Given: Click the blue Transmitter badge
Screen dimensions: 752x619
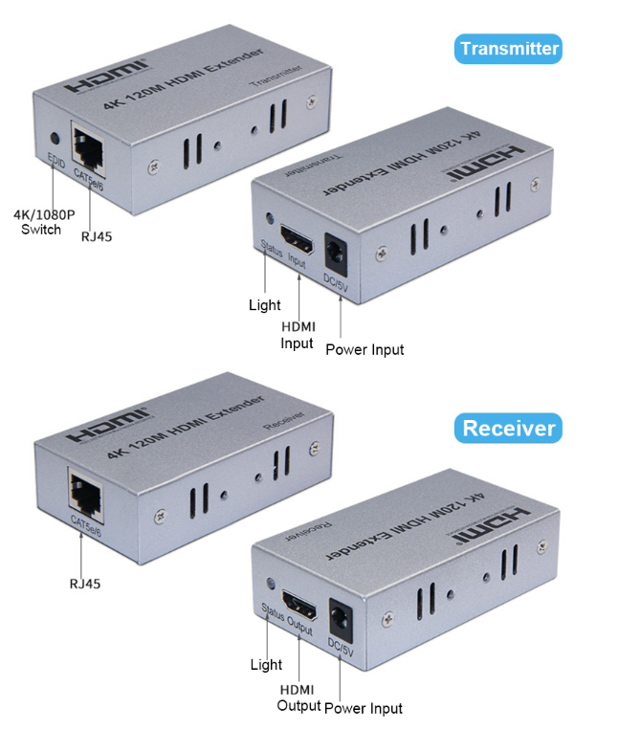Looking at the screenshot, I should click(508, 49).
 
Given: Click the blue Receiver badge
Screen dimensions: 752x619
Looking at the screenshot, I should click(508, 428).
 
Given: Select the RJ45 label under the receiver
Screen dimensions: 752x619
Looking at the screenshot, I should click(84, 583).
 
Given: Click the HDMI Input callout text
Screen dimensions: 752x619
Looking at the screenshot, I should click(298, 335).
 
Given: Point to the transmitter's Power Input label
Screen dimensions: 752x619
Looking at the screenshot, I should click(365, 349).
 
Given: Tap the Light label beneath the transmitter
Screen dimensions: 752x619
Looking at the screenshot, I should click(264, 305).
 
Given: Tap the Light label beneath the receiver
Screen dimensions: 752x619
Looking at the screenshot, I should click(266, 664).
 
